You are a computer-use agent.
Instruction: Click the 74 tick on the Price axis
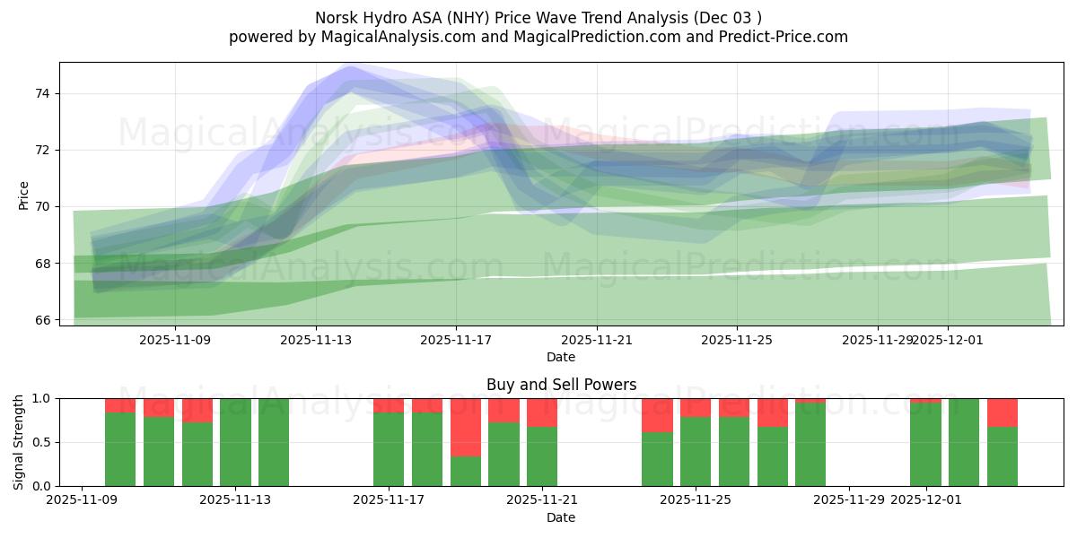click(x=42, y=93)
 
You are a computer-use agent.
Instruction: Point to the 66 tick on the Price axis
click(x=42, y=319)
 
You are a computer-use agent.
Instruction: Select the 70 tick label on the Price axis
click(x=42, y=206)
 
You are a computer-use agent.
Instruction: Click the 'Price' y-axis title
click(x=23, y=195)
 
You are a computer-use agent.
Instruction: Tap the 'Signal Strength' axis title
click(x=19, y=442)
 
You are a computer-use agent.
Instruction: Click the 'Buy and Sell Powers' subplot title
click(x=561, y=385)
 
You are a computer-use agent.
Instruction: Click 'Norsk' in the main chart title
click(x=335, y=18)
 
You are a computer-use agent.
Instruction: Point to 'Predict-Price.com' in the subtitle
click(x=788, y=37)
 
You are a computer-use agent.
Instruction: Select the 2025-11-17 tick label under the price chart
click(x=456, y=340)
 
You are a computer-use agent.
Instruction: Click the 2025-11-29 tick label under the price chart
click(x=877, y=340)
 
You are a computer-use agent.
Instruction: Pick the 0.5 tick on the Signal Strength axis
click(x=42, y=442)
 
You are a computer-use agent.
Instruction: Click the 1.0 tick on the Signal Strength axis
click(x=42, y=398)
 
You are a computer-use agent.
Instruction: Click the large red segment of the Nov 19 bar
click(x=466, y=427)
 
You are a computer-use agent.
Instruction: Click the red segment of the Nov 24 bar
click(x=657, y=414)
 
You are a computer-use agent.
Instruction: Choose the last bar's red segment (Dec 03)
click(x=1003, y=412)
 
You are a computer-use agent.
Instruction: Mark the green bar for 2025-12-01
click(x=925, y=445)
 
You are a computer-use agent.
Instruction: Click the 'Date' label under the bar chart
click(x=561, y=517)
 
